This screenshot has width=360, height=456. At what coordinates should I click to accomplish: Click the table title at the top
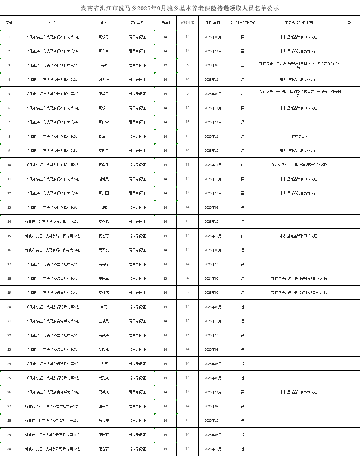point(180,8)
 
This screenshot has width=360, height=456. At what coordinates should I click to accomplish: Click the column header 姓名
point(104,23)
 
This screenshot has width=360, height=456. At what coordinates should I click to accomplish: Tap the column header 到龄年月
point(213,23)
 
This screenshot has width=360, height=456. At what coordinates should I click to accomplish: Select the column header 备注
point(351,23)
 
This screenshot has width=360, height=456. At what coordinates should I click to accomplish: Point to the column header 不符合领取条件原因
point(300,23)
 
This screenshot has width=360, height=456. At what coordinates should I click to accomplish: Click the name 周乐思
point(104,37)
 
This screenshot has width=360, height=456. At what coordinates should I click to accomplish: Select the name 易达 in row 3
point(104,65)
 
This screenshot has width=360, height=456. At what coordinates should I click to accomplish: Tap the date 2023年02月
point(213,65)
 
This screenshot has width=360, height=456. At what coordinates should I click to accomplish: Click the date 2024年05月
point(213,278)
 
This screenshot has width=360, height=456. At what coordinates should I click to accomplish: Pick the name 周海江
point(104,136)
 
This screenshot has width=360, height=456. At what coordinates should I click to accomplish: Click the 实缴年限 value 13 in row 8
point(187,136)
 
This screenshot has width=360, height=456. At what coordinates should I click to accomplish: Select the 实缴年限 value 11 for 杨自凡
point(187,165)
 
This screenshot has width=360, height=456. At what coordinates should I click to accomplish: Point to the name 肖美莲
point(104,264)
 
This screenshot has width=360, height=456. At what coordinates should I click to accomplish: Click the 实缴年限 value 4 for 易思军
point(187,278)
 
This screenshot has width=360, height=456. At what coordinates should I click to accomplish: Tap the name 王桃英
point(104,321)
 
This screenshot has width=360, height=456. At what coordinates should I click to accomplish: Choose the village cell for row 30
point(52,449)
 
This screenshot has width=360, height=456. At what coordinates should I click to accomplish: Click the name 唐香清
point(104,449)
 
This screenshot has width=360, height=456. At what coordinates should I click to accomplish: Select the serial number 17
point(9,264)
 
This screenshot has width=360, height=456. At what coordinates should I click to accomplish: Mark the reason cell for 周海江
point(299,136)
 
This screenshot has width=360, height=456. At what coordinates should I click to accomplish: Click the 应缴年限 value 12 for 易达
point(165,65)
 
